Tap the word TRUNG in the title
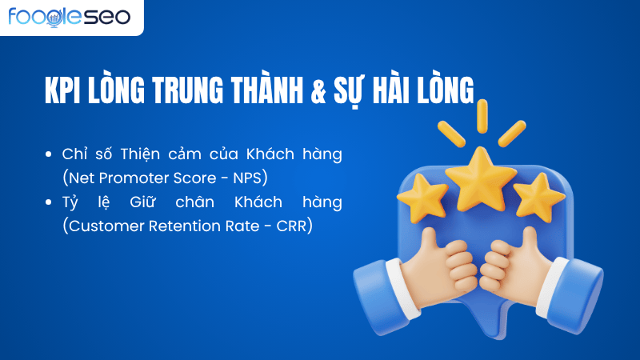[200, 90]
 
